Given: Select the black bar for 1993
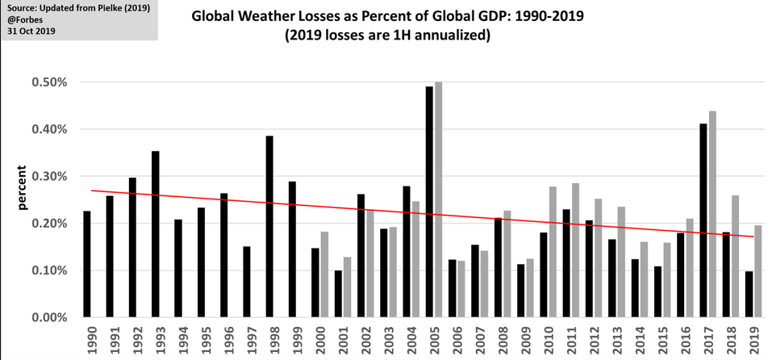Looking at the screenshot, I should pyautogui.click(x=156, y=234).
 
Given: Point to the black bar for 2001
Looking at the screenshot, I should pyautogui.click(x=338, y=294).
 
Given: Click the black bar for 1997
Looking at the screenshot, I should pyautogui.click(x=247, y=282).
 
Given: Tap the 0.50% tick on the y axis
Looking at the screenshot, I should pyautogui.click(x=50, y=82).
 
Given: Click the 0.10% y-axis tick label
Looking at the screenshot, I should pyautogui.click(x=50, y=270).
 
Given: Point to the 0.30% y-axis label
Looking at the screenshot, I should pyautogui.click(x=50, y=176).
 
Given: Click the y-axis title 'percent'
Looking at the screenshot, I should pyautogui.click(x=23, y=187).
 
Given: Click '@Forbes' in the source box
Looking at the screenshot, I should pyautogui.click(x=23, y=20).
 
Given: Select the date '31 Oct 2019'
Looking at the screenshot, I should pyautogui.click(x=31, y=32).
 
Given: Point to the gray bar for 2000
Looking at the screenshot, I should pyautogui.click(x=324, y=274).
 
